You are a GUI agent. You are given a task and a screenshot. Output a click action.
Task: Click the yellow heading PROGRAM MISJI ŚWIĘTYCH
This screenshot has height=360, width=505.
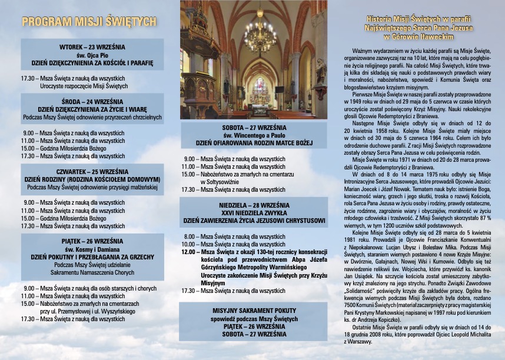(89, 23)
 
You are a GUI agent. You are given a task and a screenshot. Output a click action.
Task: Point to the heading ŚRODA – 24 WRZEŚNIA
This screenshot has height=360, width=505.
(92, 101)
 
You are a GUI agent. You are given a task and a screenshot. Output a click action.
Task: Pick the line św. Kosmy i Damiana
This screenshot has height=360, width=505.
(92, 249)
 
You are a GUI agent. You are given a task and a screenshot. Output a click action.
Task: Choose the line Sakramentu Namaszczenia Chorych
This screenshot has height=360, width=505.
(92, 272)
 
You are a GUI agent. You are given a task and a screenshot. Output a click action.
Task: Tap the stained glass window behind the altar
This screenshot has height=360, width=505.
(259, 88)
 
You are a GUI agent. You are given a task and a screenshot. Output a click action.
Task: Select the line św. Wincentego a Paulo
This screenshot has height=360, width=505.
(254, 135)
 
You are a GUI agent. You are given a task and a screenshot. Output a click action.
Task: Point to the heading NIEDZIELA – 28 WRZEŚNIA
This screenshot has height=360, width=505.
(254, 205)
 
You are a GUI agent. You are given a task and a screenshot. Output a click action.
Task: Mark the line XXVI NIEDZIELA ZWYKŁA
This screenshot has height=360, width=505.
(254, 212)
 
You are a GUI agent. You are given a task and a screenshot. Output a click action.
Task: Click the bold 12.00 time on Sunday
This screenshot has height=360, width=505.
(188, 252)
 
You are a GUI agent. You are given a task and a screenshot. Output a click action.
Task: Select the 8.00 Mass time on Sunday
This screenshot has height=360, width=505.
(188, 236)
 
